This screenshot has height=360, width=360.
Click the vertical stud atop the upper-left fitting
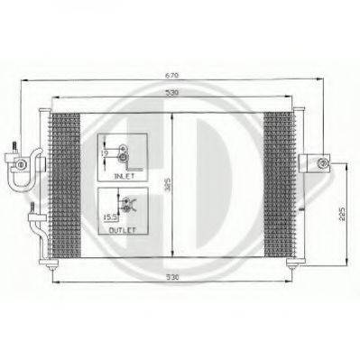(14, 146)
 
